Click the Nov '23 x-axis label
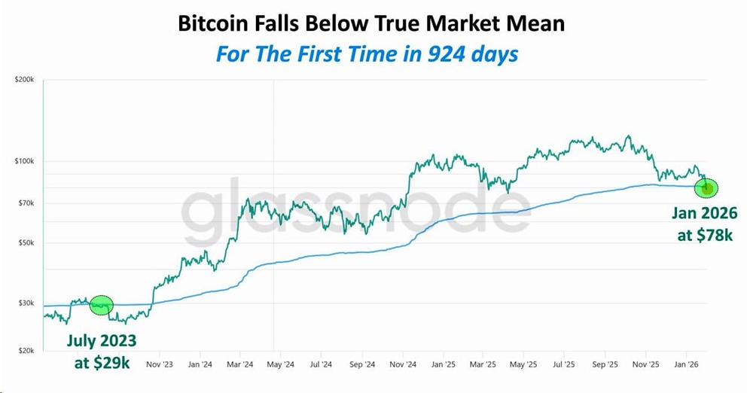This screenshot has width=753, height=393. (159, 364)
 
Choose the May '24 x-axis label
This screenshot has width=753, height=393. (280, 364)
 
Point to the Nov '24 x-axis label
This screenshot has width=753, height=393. (401, 364)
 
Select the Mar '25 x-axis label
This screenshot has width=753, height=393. (482, 364)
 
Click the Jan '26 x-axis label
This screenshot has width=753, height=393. (686, 364)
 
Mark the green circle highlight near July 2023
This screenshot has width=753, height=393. (101, 305)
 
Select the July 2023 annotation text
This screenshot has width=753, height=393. (101, 340)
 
